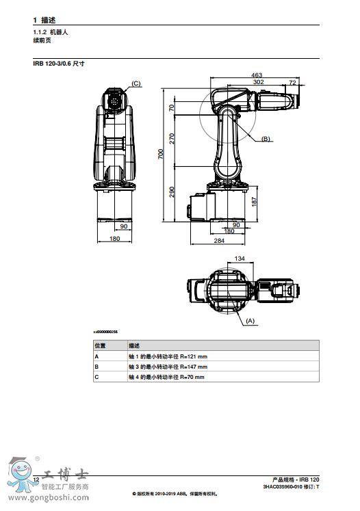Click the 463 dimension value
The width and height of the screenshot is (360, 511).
[257, 75]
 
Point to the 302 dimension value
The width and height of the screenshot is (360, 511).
[259, 82]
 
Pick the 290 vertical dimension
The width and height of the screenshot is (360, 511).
[172, 193]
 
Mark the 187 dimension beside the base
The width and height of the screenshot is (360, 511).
[254, 202]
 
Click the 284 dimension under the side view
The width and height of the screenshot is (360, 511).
[219, 241]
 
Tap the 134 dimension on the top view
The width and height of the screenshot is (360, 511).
[240, 259]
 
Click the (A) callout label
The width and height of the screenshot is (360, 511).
[250, 320]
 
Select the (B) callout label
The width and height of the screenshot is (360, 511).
[266, 139]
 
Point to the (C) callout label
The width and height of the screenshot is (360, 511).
[136, 83]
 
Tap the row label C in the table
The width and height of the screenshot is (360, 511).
[97, 377]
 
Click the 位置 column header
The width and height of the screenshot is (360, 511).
[99, 346]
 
